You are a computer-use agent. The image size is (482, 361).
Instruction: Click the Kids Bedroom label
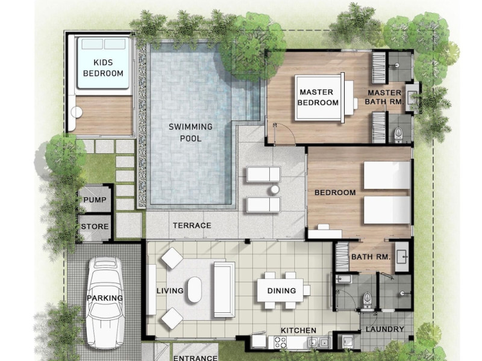click(103, 68)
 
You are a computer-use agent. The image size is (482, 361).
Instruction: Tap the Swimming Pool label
click(190, 132)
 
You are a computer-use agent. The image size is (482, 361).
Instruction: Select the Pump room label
click(95, 200)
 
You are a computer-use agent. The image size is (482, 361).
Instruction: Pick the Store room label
click(95, 227)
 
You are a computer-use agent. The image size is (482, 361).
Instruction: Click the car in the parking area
click(105, 303)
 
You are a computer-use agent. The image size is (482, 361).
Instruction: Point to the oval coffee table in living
click(195, 289)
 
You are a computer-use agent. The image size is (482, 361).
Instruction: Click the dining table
click(280, 290)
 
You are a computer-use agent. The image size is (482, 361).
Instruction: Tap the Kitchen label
click(298, 330)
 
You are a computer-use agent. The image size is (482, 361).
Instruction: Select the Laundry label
click(385, 329)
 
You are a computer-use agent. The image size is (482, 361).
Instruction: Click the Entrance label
click(195, 357)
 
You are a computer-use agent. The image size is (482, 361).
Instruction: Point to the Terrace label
click(192, 226)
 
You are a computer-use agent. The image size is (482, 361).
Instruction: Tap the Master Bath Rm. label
click(384, 97)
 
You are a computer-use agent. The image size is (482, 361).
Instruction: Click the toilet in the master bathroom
click(398, 135)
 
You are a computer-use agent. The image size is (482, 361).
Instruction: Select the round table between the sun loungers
click(275, 190)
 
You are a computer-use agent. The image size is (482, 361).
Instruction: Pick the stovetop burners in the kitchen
click(281, 342)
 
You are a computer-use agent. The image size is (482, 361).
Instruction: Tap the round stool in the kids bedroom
click(77, 112)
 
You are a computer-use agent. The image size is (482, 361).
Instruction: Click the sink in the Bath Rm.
click(402, 256)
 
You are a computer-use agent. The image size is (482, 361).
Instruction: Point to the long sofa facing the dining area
click(224, 289)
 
